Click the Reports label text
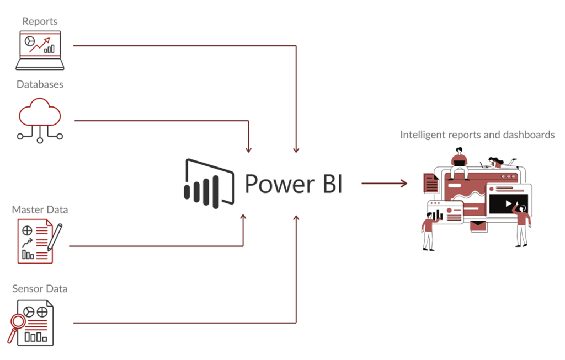coord(40,22)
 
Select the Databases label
coord(40,84)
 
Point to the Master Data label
coord(40,209)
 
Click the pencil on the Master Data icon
coord(55,237)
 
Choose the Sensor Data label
coord(40,288)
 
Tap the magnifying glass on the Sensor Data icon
coord(19,322)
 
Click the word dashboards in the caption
coord(528,135)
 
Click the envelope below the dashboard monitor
coord(478,225)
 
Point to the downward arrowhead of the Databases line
coord(249,148)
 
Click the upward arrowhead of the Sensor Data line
coord(296,219)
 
